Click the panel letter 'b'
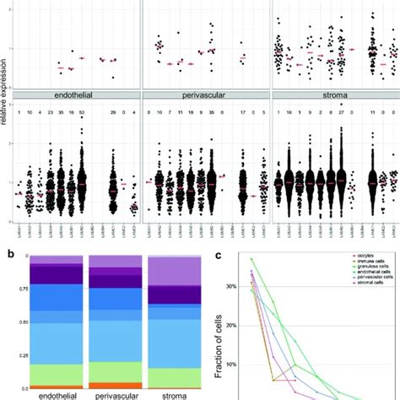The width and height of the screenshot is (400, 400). pyautogui.click(x=8, y=251)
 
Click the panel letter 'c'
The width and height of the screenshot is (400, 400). pyautogui.click(x=219, y=251)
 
